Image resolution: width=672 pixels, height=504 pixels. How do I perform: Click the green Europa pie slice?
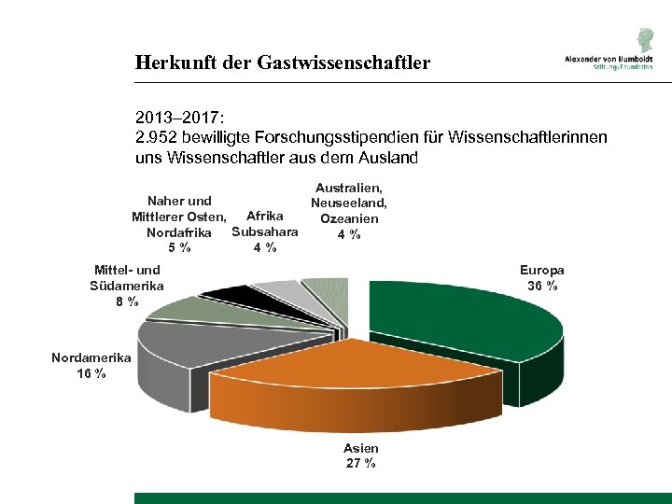(x=467, y=322)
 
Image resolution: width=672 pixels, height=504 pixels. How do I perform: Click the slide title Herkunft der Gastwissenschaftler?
(x=282, y=63)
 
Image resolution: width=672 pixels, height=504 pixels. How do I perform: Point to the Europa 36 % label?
(x=542, y=277)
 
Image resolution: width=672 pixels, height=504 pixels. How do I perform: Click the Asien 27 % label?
(x=360, y=455)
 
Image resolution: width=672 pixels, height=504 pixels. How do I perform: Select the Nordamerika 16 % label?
(x=91, y=365)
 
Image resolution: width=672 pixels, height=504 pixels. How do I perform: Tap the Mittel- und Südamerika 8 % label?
(x=127, y=286)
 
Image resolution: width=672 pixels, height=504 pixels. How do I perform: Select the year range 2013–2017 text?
(x=178, y=119)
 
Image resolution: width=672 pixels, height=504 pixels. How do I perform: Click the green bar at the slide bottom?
(x=402, y=497)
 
